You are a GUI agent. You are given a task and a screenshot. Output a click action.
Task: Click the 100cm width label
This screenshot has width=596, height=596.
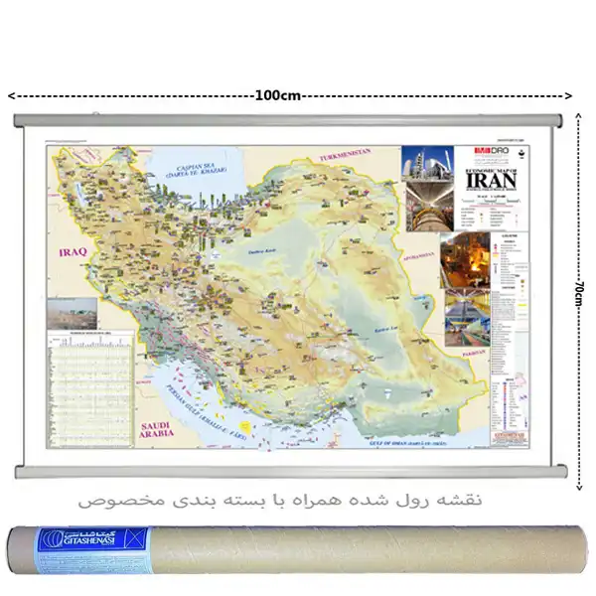click(x=277, y=95)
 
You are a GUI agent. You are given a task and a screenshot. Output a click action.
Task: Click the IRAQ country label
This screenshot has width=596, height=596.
click(x=74, y=252)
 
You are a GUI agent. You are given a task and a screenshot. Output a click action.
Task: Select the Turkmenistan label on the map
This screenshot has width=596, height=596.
click(x=344, y=156)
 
